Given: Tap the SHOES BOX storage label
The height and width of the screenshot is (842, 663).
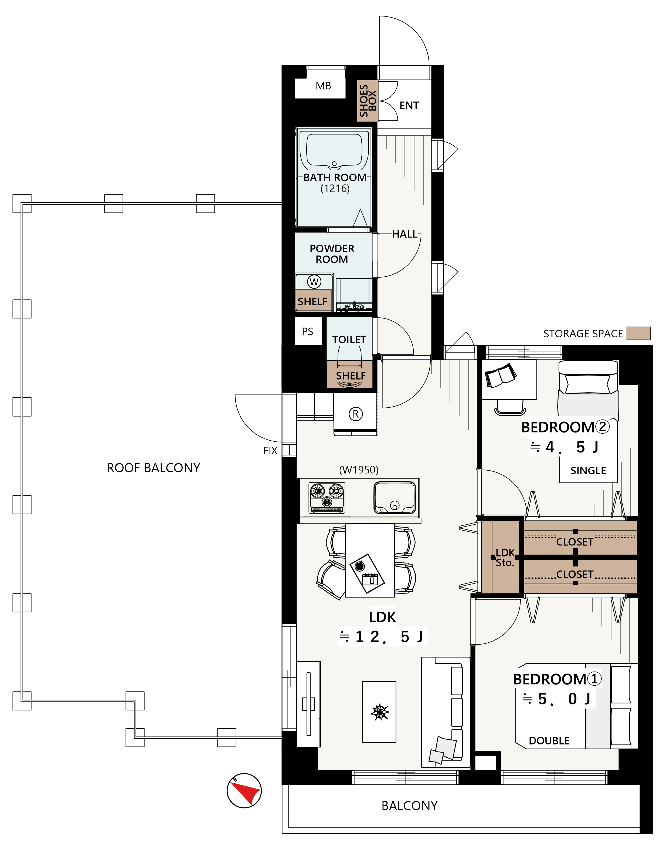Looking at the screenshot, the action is click(368, 101).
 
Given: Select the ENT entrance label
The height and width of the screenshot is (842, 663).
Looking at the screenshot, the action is click(409, 105).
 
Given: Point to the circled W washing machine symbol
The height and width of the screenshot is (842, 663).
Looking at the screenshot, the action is click(314, 282).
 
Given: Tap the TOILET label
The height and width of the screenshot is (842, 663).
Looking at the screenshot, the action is click(349, 340).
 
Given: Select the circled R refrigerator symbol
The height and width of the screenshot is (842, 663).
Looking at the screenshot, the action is click(356, 414).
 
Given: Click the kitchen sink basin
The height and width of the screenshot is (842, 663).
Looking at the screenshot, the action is click(395, 498).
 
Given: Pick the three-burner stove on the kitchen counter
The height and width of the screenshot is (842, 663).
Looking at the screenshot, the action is click(327, 498).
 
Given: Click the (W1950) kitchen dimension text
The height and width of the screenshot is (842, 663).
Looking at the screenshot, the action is click(359, 470).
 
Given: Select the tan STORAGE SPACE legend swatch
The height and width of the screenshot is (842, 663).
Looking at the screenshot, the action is click(638, 333).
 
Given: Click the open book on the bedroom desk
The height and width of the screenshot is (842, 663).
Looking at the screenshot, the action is click(501, 375).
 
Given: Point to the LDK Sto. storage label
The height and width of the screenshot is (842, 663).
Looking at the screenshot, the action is click(505, 558).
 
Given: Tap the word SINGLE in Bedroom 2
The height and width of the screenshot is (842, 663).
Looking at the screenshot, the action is click(588, 471).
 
